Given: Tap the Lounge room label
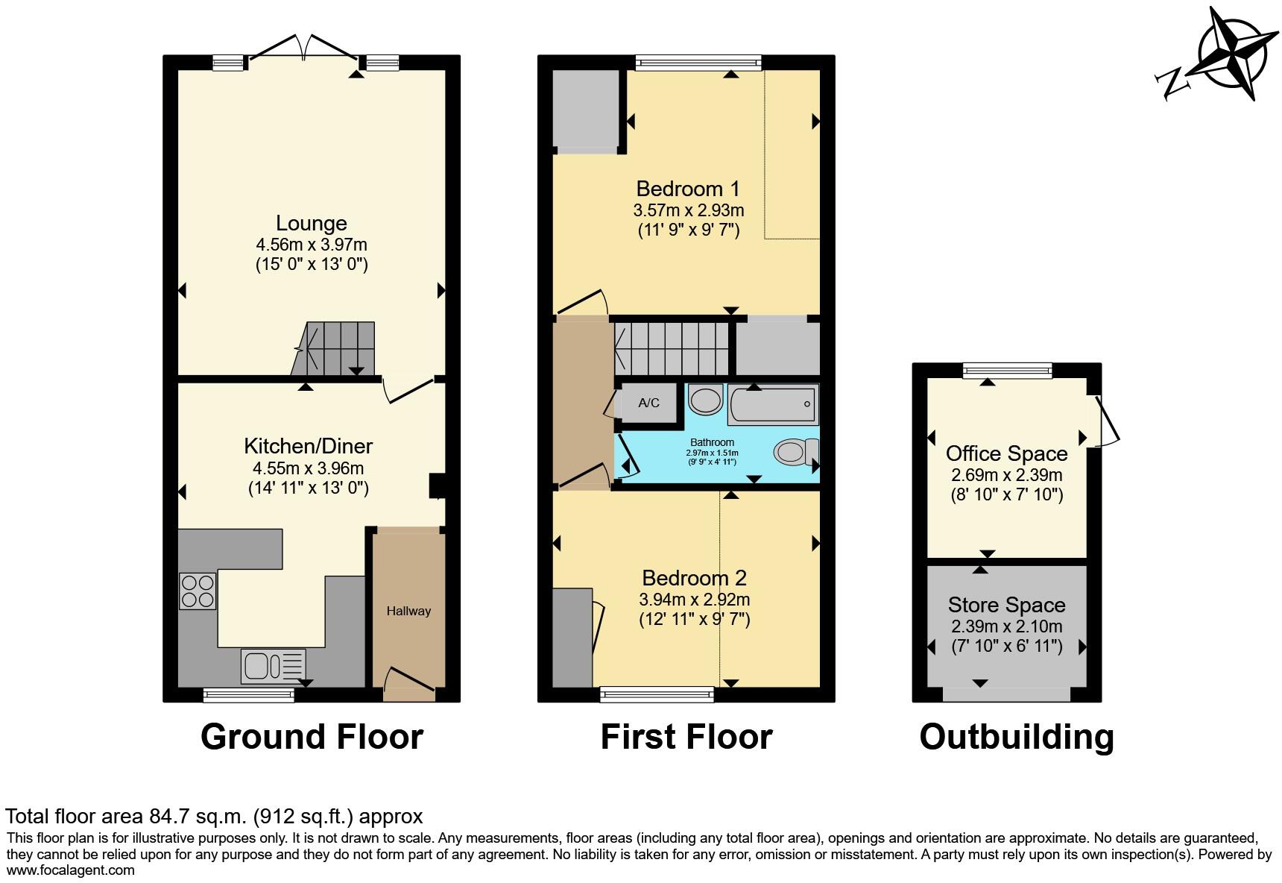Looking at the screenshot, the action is tap(312, 223).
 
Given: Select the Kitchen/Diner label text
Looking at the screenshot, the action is tap(309, 446).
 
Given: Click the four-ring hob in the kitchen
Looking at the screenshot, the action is tap(198, 591).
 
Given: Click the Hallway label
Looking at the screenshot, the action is tap(408, 612).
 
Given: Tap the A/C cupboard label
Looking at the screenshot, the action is tap(648, 403).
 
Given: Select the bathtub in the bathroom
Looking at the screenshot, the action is tap(773, 404).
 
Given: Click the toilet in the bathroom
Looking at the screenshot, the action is tap(796, 452).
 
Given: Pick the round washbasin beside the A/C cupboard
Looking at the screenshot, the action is tap(705, 400).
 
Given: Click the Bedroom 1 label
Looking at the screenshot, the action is tap(688, 189).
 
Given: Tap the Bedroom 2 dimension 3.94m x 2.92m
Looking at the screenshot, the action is tap(695, 600).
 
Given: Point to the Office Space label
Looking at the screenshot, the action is tap(1007, 453).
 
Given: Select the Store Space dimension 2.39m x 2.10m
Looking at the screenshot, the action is tap(1007, 626).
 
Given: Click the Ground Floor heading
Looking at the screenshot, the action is tap(312, 737).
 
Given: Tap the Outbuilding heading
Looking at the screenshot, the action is tap(1017, 737).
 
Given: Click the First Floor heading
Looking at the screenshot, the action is tap(686, 737).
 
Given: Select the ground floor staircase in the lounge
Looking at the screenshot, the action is tap(333, 348).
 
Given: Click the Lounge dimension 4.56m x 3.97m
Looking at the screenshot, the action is tap(312, 245).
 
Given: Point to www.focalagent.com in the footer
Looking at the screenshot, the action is tap(71, 870).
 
